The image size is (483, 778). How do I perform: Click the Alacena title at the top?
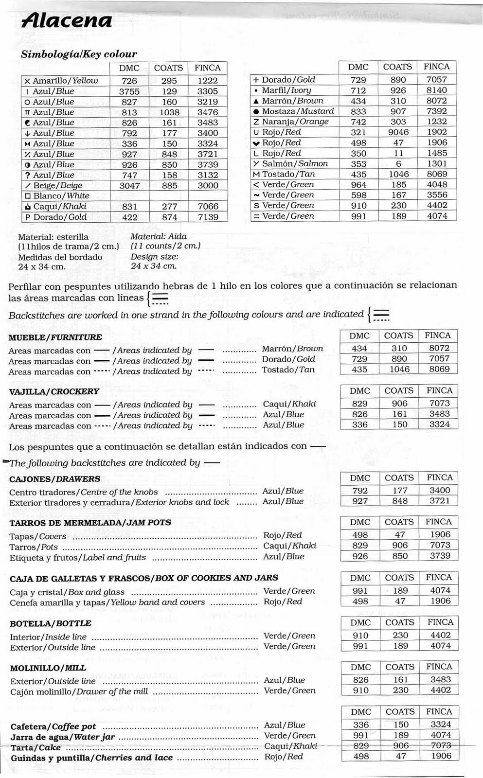coord(67,21)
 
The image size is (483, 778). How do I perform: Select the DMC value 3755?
coord(129,91)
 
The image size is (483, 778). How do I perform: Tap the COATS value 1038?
coord(169,112)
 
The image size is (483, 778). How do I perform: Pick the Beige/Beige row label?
coord(57,186)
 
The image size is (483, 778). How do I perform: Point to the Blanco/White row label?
coord(61,196)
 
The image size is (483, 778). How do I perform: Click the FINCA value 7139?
coord(208,217)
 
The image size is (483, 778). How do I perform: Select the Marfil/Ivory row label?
coord(286,90)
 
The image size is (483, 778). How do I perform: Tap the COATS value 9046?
coord(398,132)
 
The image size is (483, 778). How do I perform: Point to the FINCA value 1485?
coord(437,153)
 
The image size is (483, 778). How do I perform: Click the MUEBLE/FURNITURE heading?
coord(55,337)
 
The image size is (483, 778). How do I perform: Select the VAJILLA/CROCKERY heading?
coord(54,391)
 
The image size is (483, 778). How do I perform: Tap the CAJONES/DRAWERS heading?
coord(54,479)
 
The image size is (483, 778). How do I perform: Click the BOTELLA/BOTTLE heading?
coord(51,623)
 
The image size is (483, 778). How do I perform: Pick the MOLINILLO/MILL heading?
coord(48,668)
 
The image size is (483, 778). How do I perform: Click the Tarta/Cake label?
coord(36,747)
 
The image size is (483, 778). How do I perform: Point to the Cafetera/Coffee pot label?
coord(53,727)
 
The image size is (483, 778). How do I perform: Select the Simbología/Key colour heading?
coord(79,54)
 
